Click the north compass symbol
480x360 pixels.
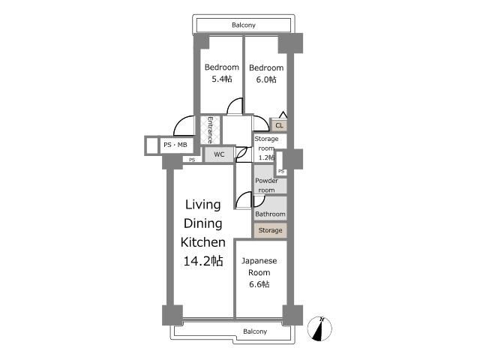click(319, 329)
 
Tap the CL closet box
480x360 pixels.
click(279, 125)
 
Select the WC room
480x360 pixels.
click(219, 154)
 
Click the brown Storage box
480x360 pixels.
click(270, 230)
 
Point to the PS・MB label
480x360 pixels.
click(175, 145)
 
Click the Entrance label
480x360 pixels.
click(210, 130)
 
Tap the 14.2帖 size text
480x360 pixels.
click(203, 261)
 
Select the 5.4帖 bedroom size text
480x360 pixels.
click(222, 79)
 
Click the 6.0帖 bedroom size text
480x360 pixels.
click(266, 79)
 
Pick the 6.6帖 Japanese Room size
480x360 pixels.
click(259, 284)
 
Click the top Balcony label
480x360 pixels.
click(244, 25)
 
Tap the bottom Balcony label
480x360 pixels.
click(255, 331)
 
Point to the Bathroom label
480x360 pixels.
click(270, 214)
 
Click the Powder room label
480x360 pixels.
click(267, 185)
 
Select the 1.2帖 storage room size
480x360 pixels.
click(266, 157)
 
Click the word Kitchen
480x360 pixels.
click(203, 242)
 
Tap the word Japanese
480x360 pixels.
click(259, 261)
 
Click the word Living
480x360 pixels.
click(203, 205)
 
